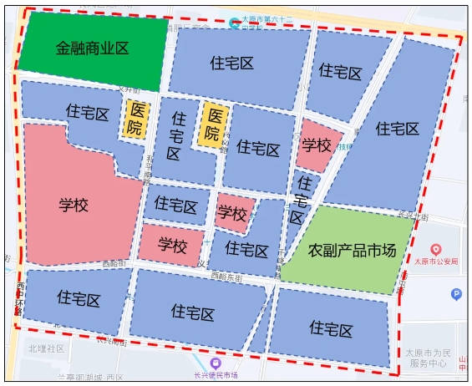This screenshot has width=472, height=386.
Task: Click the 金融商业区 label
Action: coord(92,48)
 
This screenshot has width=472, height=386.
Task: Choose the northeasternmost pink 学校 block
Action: coord(317,146)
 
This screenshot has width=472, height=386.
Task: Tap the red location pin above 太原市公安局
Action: coord(434,249)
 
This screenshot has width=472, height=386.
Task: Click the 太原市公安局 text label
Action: coord(437,262)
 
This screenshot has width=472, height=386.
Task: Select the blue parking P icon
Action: coord(456,293)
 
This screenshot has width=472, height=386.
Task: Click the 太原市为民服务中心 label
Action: coord(429,358)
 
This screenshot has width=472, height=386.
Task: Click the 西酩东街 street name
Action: coord(226,277)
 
